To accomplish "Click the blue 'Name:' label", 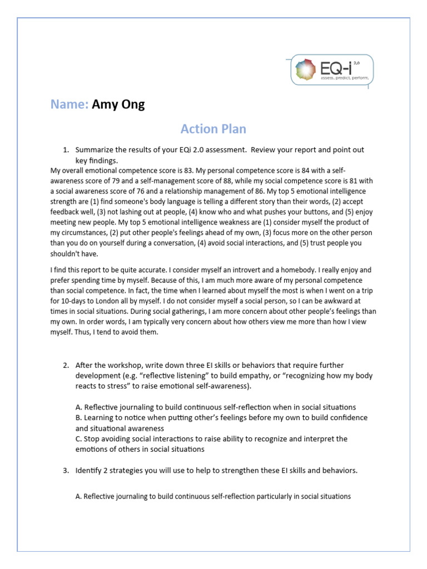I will pyautogui.click(x=69, y=104).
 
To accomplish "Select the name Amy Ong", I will pyautogui.click(x=118, y=104).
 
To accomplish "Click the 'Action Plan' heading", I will pyautogui.click(x=213, y=129).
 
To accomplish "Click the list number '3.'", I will pyautogui.click(x=66, y=471).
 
